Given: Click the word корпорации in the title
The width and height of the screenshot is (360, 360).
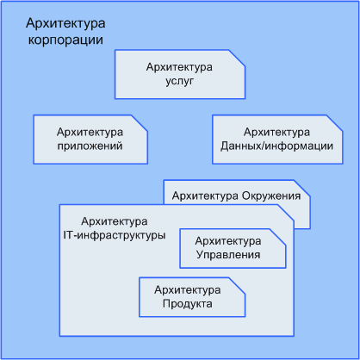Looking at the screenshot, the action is coord(65,40).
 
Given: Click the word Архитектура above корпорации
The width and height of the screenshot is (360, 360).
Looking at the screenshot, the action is coord(65,23).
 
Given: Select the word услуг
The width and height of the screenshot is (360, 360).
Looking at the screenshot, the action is coord(180,81).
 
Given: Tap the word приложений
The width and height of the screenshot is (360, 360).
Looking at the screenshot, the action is coord(90,146).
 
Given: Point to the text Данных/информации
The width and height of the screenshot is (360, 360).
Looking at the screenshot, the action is coord(276,146).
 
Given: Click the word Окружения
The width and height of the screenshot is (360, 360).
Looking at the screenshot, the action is coord(271,196).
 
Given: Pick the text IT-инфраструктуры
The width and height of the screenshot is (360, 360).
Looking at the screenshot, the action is coord(115,235).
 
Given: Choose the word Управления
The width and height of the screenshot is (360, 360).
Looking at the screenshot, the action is coord(228,255).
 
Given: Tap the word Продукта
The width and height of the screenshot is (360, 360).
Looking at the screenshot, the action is coord(188,303).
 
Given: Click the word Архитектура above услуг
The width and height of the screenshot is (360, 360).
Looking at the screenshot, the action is coord(179,67).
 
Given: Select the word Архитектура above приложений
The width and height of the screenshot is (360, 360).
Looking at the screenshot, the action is coord(90,132).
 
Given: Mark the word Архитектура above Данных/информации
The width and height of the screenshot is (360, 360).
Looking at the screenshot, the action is coord(276,132).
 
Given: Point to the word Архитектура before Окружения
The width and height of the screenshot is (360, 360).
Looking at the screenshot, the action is coord(205,196).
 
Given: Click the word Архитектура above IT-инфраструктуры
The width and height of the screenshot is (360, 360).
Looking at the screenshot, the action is coord(115,221).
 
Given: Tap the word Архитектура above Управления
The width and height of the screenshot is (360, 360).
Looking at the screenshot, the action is coord(228,241).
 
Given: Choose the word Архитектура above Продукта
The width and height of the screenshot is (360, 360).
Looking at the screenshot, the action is coord(188,290).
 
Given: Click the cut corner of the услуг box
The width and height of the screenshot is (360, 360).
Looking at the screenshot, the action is coord(237,59).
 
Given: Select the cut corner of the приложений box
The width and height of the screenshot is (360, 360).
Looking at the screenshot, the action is coord(140,124).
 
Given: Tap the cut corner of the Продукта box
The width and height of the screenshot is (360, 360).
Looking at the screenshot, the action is coord(237,286).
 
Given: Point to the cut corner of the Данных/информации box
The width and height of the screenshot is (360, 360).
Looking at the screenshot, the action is coord(334,124).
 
